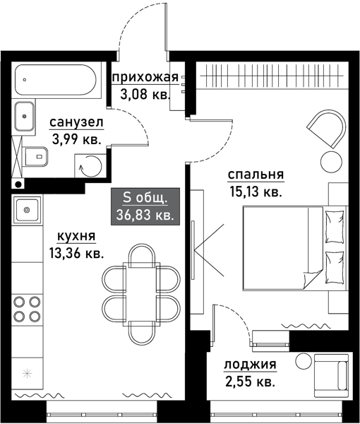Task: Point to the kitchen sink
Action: point(28,209)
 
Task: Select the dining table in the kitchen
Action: point(140,287)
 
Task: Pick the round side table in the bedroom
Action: point(330,160)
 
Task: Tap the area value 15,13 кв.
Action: point(255,192)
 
